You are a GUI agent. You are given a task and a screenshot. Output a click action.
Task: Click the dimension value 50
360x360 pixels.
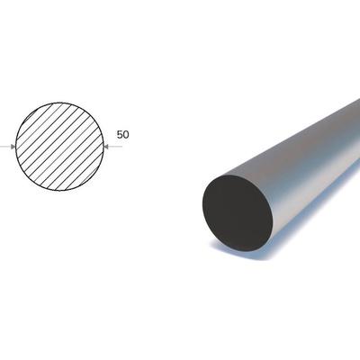click(x=122, y=135)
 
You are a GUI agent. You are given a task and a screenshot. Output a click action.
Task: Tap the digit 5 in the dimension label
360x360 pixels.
click(x=120, y=135)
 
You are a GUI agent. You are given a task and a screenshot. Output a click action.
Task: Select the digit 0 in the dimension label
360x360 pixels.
click(x=126, y=135)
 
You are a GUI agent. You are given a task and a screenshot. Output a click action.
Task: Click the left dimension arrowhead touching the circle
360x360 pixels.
click(x=13, y=147)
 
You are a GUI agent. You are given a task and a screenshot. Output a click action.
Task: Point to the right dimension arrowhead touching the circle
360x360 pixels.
click(x=105, y=147)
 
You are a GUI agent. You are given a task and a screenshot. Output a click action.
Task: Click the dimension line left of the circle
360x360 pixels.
click(x=5, y=147)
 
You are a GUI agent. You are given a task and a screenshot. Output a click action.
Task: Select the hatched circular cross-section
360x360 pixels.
click(x=59, y=147)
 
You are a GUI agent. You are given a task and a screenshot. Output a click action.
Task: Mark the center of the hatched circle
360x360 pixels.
click(x=59, y=147)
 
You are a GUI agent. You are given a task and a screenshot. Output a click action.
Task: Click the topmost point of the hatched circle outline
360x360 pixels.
click(x=59, y=103)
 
